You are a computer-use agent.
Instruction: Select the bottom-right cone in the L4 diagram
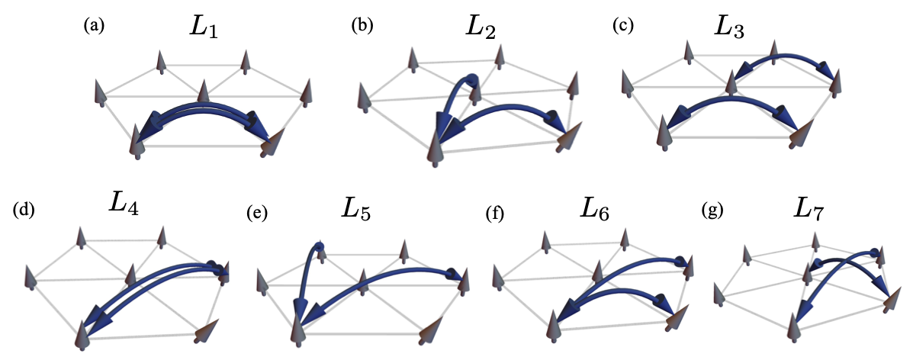204,334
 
